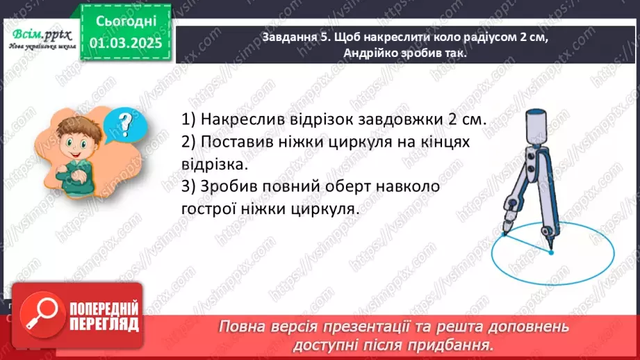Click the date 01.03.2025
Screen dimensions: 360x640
point(125,44)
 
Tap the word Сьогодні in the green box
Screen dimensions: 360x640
point(125,20)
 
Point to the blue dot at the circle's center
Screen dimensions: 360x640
point(550,252)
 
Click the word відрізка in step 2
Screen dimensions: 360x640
point(215,165)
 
